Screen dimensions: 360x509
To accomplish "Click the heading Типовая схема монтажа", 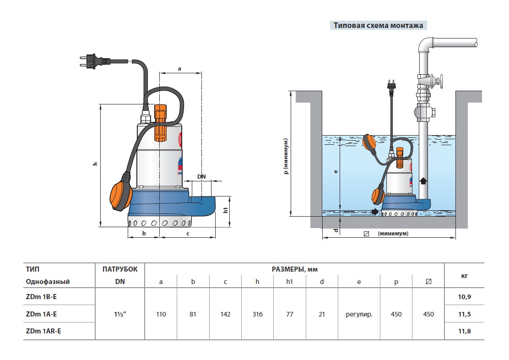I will click(378, 26).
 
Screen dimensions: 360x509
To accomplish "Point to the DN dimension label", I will click(201, 176).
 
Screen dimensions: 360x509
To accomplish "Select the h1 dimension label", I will click(225, 211).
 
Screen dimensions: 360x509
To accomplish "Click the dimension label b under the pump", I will click(144, 234).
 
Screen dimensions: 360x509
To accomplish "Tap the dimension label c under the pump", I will click(188, 234).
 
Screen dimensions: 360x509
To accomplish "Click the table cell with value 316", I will click(257, 315).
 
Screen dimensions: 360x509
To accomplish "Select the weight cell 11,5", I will click(465, 315).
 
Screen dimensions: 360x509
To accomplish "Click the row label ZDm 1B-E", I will click(42, 297).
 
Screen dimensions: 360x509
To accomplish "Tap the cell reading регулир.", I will click(359, 315).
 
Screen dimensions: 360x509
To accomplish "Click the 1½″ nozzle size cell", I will click(120, 315).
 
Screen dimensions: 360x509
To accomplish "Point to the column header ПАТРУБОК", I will click(120, 269).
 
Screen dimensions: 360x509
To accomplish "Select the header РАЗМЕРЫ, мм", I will click(294, 269).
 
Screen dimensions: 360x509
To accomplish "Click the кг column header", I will click(465, 275).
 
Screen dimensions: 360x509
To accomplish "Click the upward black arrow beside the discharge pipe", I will click(423, 180).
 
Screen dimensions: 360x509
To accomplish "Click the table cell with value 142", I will click(225, 315).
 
